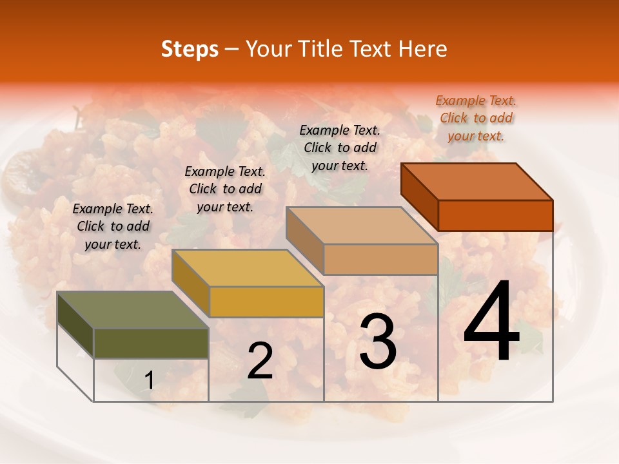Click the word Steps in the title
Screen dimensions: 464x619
point(190,49)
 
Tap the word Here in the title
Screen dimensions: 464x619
point(423,49)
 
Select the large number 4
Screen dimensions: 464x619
point(491,322)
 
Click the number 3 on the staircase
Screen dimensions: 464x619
point(378,342)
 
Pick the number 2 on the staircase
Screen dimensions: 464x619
point(260,361)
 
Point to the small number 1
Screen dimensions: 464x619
point(149,381)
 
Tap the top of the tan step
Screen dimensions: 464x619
point(362,226)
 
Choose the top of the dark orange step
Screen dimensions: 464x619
point(477,182)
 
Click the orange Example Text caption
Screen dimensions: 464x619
point(476,118)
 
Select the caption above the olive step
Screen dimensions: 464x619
point(113,226)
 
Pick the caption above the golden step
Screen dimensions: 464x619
point(225,189)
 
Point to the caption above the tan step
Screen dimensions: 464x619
point(340,148)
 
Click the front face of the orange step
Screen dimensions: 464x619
point(495,215)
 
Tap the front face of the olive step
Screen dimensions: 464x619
point(151,343)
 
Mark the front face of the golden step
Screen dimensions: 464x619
point(266,302)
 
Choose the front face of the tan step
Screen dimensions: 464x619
point(380,259)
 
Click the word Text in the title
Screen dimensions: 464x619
point(375,49)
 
